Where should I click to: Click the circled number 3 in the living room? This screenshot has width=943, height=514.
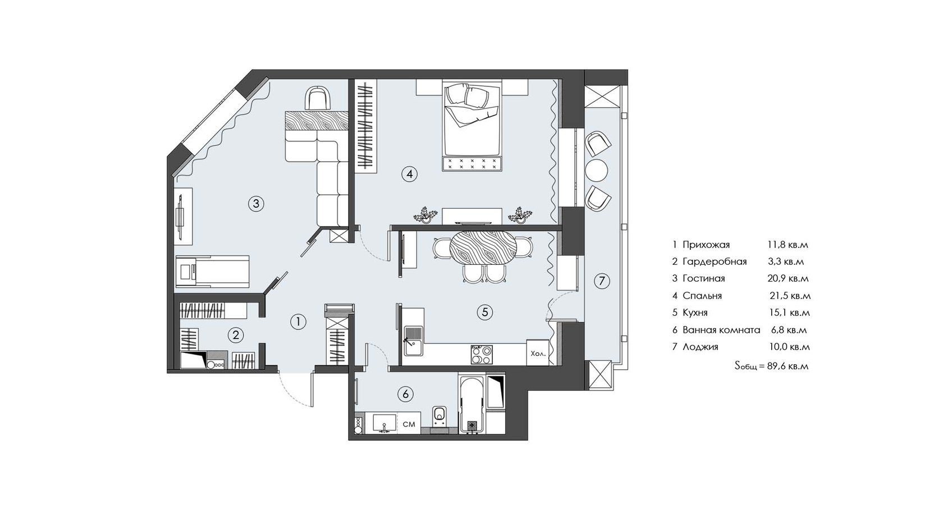(x=256, y=204)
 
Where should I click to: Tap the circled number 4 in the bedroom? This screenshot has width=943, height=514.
(x=409, y=174)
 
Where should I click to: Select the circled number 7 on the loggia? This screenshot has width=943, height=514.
(x=602, y=281)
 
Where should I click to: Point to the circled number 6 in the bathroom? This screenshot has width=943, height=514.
(x=405, y=394)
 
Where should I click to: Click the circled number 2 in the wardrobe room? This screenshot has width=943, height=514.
(x=236, y=335)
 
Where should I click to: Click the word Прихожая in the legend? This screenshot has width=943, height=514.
(x=706, y=245)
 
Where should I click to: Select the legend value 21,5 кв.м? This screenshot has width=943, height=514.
(x=790, y=296)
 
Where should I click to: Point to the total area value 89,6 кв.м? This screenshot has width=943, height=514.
(x=788, y=366)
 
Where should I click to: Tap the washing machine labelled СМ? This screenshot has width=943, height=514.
(x=409, y=424)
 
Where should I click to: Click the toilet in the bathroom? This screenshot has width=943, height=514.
(x=439, y=419)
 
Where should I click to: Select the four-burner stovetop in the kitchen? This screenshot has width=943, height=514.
(x=482, y=355)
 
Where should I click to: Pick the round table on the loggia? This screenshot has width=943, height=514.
(x=596, y=170)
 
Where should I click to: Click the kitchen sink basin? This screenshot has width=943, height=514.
(x=414, y=348)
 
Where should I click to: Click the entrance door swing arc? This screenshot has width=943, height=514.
(x=291, y=393)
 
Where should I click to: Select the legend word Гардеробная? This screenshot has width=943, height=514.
(x=715, y=262)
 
